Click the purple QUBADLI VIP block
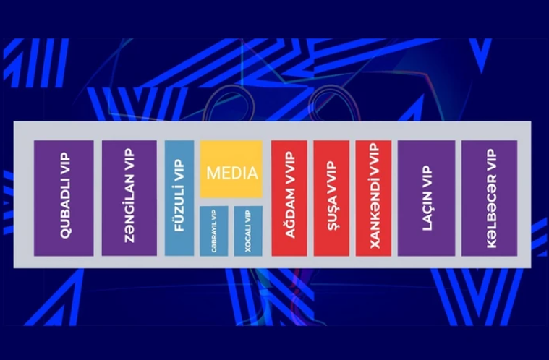[x=64, y=198]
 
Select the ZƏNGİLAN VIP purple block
[x=129, y=198]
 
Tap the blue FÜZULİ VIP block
[x=179, y=198]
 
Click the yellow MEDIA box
[x=231, y=169]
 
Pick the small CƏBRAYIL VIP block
[x=214, y=231]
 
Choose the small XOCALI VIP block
[x=248, y=231]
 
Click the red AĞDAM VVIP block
[x=289, y=198]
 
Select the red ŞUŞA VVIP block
[x=331, y=198]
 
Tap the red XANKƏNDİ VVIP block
[x=373, y=198]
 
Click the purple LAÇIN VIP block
[x=427, y=198]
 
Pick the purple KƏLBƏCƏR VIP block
[x=489, y=198]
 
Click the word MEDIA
[x=232, y=173]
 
